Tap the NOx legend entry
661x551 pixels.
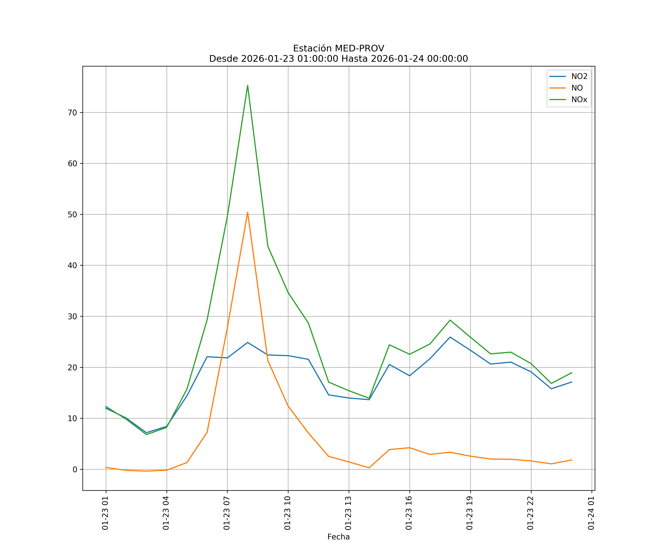[x=579, y=100]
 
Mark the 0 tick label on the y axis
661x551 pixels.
[x=75, y=469]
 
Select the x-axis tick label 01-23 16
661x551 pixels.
[x=409, y=513]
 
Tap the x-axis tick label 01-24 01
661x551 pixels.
[x=591, y=513]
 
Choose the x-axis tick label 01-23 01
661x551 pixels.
[x=105, y=513]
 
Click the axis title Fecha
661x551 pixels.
[x=338, y=537]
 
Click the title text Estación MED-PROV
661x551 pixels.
[x=338, y=48]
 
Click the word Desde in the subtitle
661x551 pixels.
[x=223, y=59]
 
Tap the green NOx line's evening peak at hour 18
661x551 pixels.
[x=450, y=320]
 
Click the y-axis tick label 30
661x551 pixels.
[x=72, y=316]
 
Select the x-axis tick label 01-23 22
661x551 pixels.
[x=530, y=513]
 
